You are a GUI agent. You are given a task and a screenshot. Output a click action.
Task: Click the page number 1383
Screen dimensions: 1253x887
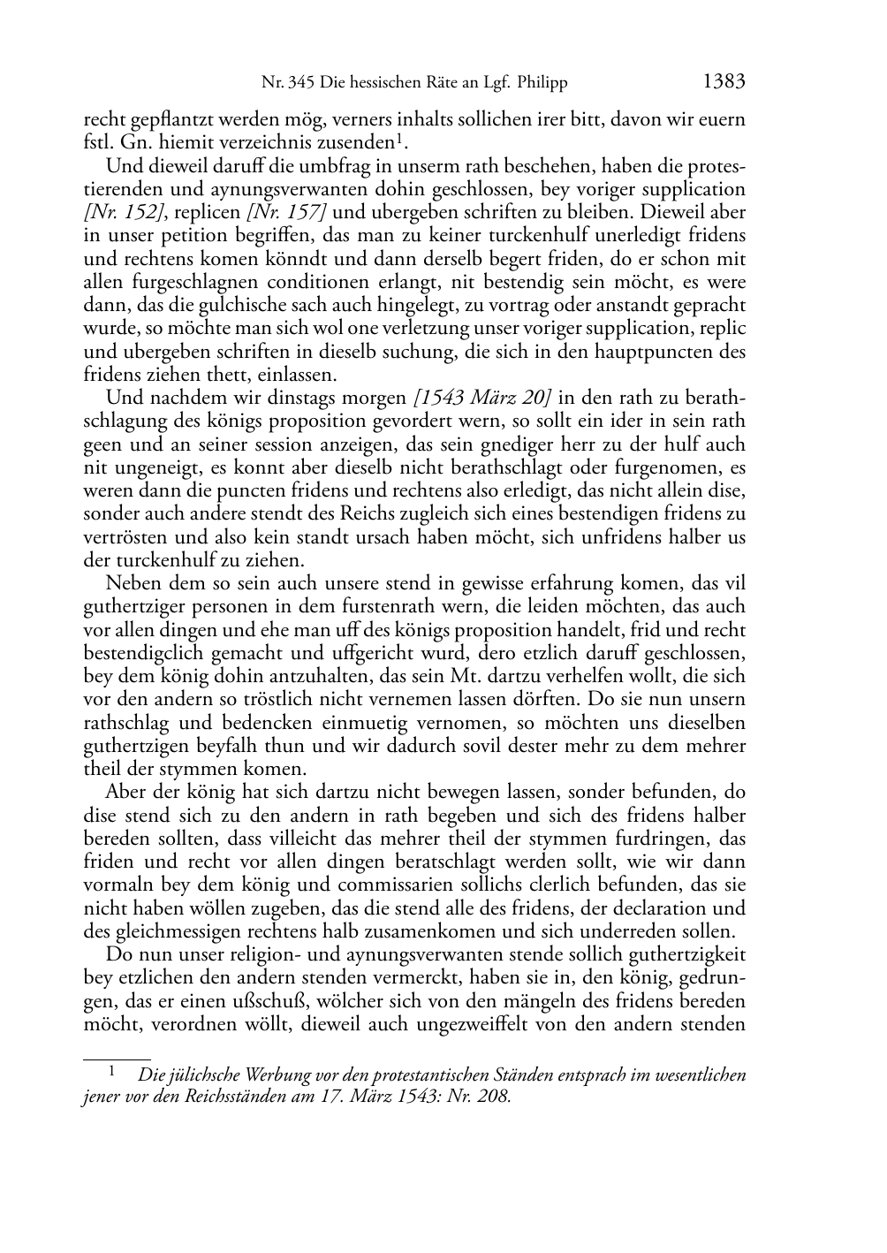tap(724, 82)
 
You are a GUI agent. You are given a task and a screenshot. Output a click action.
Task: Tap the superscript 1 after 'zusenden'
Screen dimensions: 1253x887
tap(399, 139)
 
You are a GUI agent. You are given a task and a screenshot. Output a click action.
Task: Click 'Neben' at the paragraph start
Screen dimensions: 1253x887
tap(133, 583)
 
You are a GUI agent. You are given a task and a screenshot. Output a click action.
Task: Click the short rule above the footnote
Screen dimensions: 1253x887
tap(117, 1057)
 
